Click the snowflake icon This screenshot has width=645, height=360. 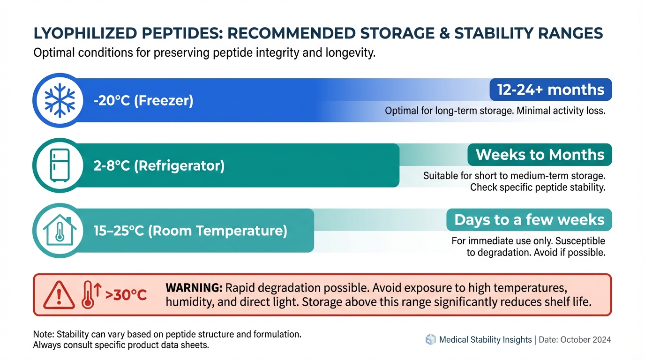60,100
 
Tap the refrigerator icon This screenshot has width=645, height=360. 60,165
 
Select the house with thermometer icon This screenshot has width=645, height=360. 60,230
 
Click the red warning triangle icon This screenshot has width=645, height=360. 59,295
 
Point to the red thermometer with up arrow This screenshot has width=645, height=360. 91,295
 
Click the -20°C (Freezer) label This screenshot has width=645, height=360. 143,100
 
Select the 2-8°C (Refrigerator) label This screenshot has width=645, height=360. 159,165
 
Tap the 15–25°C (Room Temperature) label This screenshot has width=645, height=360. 190,231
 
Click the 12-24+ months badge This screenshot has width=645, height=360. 551,90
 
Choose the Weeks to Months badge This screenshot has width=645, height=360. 540,155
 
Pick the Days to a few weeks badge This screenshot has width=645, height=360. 529,220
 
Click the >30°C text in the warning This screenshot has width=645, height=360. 126,295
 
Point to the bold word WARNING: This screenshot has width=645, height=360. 194,288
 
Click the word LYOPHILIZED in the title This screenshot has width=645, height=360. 85,33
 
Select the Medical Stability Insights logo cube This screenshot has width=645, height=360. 430,339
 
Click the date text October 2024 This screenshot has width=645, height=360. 585,340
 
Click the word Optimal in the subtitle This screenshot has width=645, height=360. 53,53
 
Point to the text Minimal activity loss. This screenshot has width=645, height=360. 561,111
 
